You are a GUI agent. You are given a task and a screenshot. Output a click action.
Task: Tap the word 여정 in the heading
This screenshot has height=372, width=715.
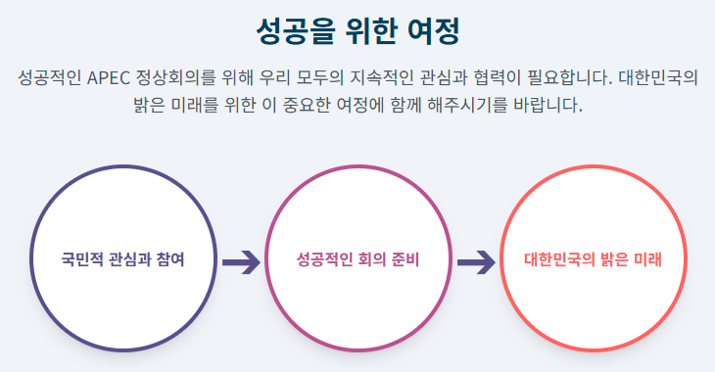[x=433, y=31]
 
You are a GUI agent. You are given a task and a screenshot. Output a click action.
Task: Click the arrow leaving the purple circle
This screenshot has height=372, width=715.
[x=241, y=262]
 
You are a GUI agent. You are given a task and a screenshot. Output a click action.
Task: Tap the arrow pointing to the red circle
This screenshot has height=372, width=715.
[x=476, y=262]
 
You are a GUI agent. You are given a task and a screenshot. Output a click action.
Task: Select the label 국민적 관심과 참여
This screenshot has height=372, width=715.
[x=123, y=259]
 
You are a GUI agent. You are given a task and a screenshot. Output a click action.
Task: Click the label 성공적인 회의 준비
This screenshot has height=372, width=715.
[x=357, y=259]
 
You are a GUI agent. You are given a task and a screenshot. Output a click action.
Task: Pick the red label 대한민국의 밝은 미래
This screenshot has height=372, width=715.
[x=593, y=259]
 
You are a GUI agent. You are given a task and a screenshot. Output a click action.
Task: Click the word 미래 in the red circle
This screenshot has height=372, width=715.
[x=648, y=259]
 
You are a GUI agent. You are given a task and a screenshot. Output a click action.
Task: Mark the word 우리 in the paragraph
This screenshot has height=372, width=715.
[x=275, y=77]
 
